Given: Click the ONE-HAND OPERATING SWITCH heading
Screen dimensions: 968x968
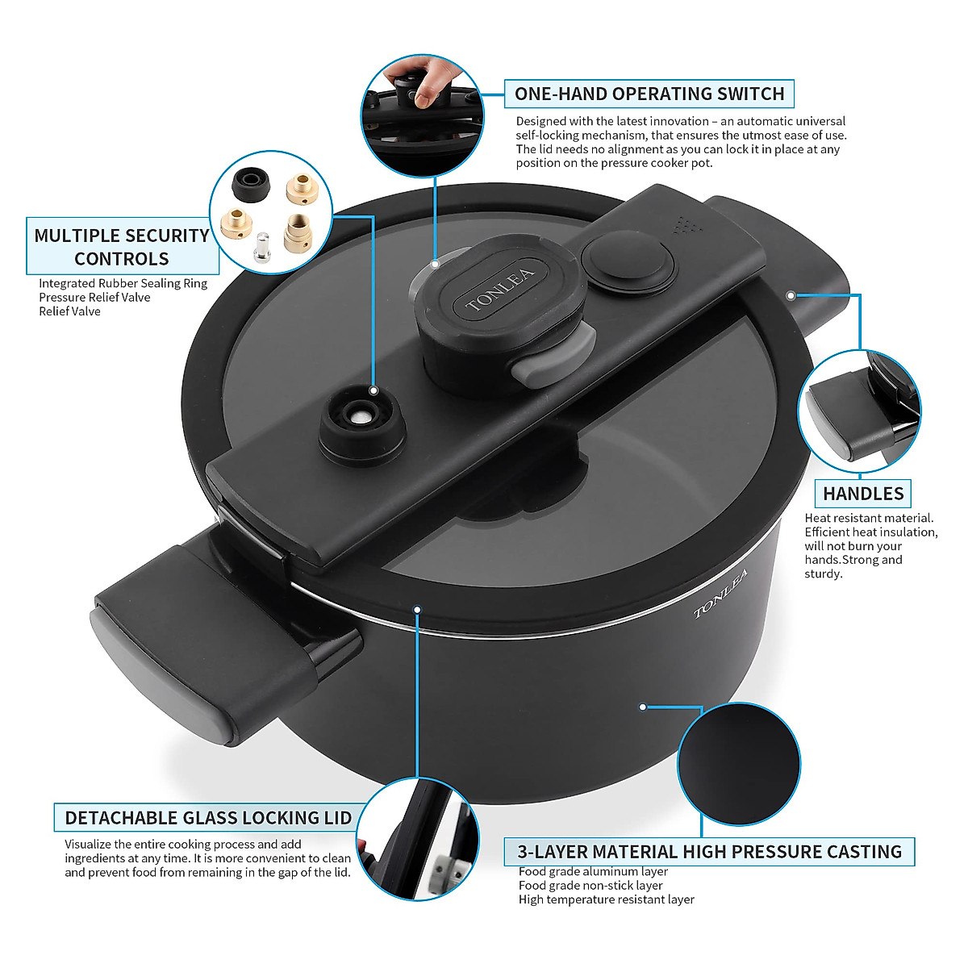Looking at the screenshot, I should (649, 94).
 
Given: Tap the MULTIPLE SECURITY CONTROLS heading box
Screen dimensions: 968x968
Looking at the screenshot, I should (122, 247).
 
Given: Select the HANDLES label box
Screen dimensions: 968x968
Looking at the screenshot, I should (863, 493).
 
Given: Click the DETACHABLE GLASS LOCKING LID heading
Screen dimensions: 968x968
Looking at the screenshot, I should (208, 817).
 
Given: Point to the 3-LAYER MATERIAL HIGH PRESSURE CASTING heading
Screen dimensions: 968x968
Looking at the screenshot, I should (710, 852).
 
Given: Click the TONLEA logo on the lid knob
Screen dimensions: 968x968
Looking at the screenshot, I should (499, 290).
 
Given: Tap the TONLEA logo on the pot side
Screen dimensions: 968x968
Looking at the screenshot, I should (720, 593).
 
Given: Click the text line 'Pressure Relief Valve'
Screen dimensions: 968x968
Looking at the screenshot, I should (94, 298).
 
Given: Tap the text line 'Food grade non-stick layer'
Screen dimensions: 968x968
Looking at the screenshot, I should (590, 886).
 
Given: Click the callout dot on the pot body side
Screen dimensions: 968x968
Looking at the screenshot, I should (643, 707).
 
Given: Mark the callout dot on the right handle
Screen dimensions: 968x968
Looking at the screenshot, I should (791, 295).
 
